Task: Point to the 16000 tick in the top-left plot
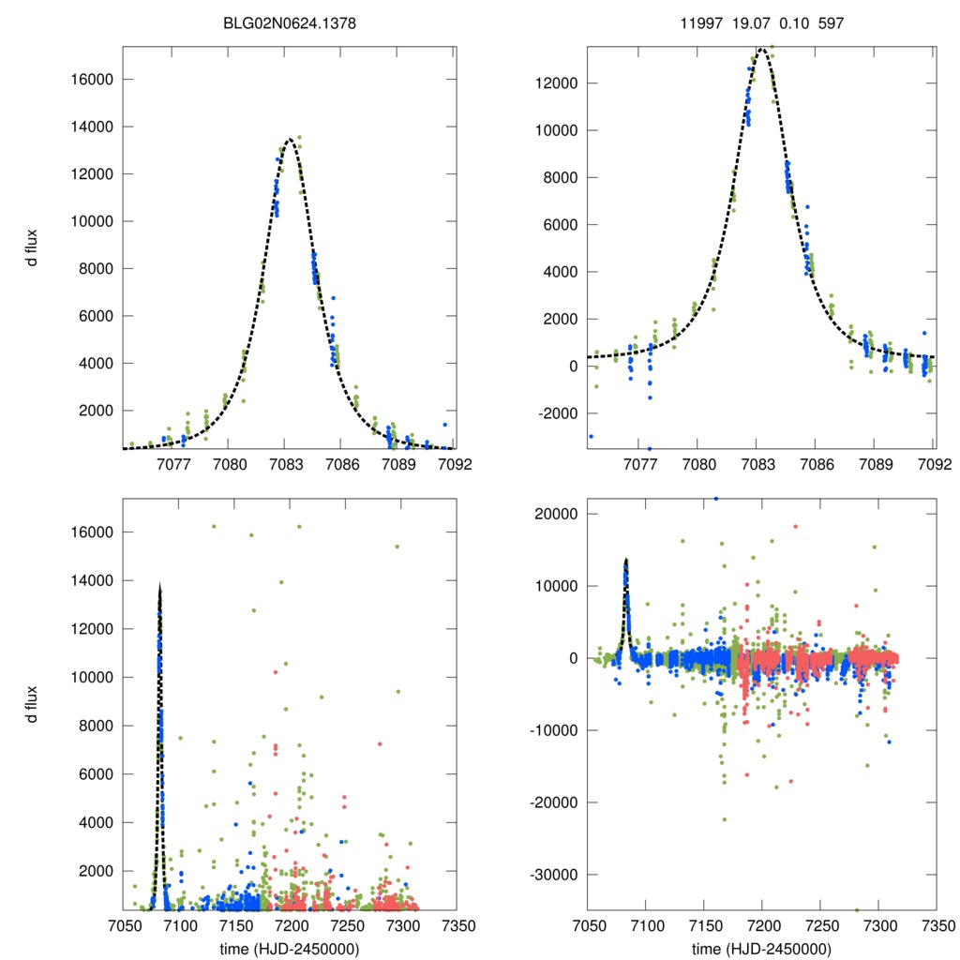pyautogui.click(x=92, y=79)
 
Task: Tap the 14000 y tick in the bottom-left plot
pyautogui.click(x=92, y=580)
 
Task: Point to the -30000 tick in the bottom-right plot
pyautogui.click(x=552, y=875)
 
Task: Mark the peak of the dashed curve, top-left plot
pyautogui.click(x=289, y=139)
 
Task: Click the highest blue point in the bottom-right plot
pyautogui.click(x=716, y=499)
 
